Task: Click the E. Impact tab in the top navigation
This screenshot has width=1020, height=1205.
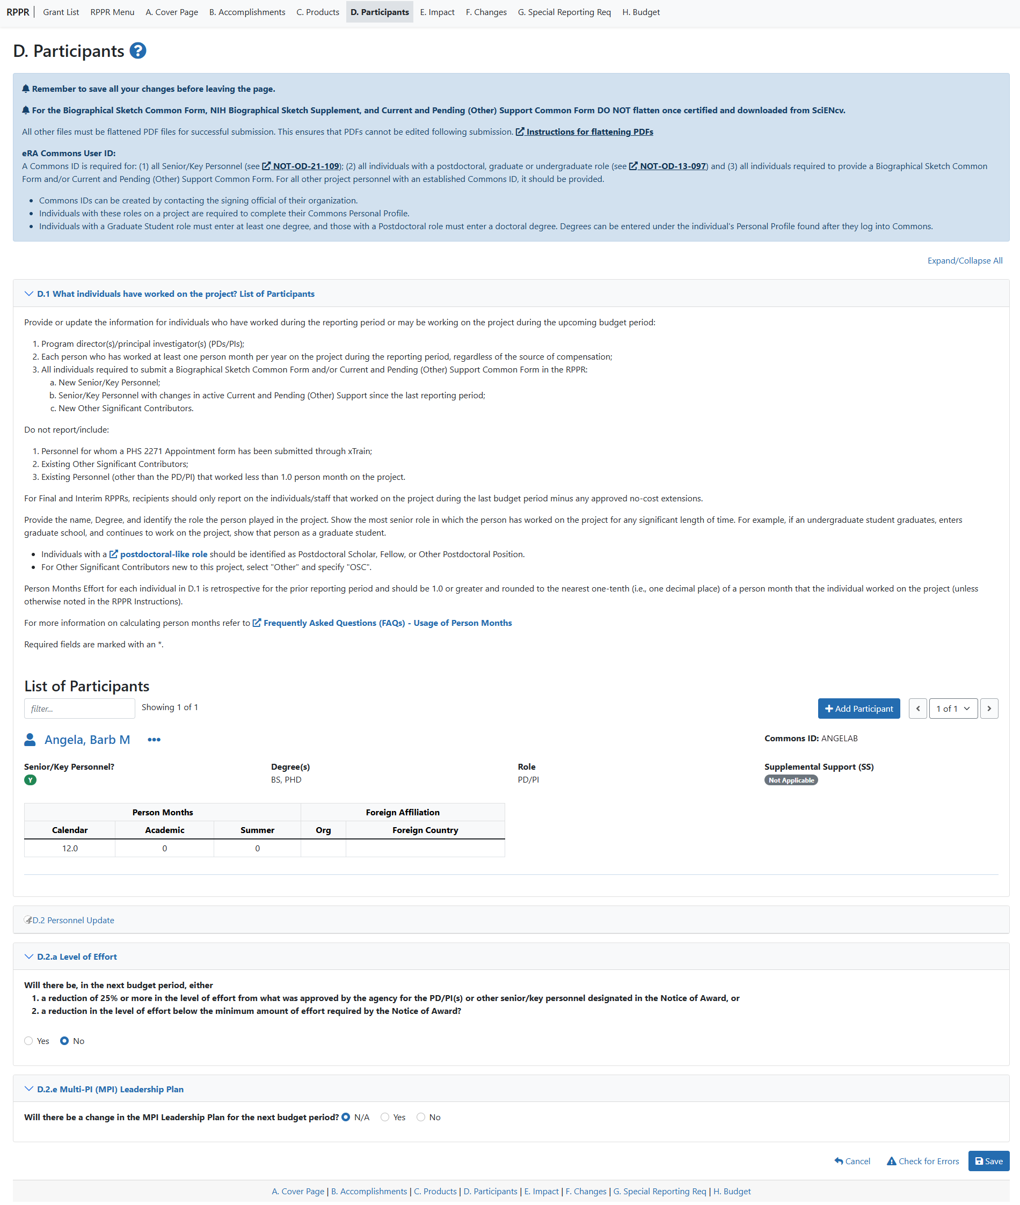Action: point(436,12)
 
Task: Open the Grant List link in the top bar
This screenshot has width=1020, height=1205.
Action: point(61,12)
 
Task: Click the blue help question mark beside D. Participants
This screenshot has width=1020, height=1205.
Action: point(137,51)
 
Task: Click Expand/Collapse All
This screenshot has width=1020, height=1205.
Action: point(965,261)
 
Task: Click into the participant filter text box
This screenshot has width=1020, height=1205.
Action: point(79,709)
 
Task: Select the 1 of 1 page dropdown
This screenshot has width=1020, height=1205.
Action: point(952,709)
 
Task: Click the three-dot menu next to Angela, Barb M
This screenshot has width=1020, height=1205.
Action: point(154,740)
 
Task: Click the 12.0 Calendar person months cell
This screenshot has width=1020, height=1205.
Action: point(70,848)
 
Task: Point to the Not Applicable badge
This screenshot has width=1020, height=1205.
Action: point(790,780)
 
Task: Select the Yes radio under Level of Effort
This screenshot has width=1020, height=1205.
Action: point(29,1041)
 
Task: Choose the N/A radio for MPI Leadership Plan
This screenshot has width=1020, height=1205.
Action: point(346,1117)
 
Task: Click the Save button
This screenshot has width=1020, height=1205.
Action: point(988,1161)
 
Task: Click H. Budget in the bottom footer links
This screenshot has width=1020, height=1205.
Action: point(732,1191)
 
